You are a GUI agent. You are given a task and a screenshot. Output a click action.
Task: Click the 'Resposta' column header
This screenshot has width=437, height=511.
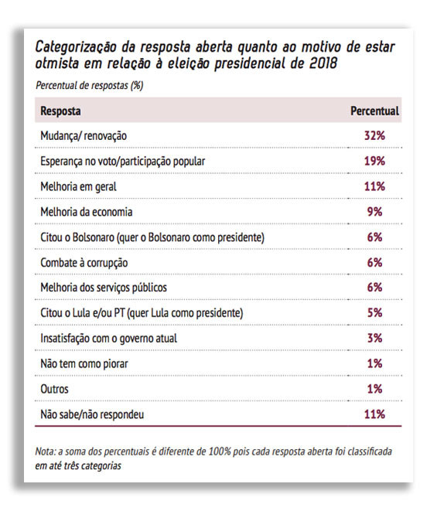60,111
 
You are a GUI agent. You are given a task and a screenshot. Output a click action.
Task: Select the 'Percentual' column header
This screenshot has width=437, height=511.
374,111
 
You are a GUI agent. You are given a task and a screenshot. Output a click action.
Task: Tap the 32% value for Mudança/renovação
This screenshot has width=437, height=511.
374,135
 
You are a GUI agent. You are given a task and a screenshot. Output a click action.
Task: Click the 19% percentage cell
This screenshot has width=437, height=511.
374,161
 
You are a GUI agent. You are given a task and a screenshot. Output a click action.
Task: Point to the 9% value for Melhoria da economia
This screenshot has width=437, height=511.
374,212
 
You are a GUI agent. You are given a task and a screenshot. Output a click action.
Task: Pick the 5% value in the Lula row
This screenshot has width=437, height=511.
374,312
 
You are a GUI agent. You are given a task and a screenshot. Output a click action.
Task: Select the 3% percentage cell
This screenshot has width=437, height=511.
374,338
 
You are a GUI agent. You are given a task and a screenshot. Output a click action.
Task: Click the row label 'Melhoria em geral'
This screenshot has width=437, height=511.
78,187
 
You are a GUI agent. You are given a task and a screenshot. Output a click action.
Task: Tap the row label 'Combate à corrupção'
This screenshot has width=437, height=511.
84,263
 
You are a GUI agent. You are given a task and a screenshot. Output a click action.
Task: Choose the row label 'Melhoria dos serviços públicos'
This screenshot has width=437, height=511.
104,288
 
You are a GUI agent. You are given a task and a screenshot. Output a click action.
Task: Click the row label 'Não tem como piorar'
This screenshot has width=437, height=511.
84,363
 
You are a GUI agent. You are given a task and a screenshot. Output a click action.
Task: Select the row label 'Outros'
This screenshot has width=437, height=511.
54,389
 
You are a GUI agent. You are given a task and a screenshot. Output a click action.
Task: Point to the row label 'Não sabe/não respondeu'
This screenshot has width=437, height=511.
92,414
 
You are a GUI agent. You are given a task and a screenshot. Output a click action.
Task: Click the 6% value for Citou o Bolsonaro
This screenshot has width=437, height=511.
374,237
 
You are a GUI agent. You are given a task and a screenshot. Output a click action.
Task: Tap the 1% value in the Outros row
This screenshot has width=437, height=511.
374,389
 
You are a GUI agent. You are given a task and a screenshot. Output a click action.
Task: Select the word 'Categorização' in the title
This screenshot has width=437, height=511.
75,48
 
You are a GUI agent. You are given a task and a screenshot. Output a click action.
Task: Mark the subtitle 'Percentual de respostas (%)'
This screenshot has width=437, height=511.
90,85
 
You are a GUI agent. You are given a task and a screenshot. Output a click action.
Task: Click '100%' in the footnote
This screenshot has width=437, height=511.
220,451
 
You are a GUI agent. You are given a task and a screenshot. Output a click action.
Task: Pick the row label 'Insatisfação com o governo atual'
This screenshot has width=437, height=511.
108,339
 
